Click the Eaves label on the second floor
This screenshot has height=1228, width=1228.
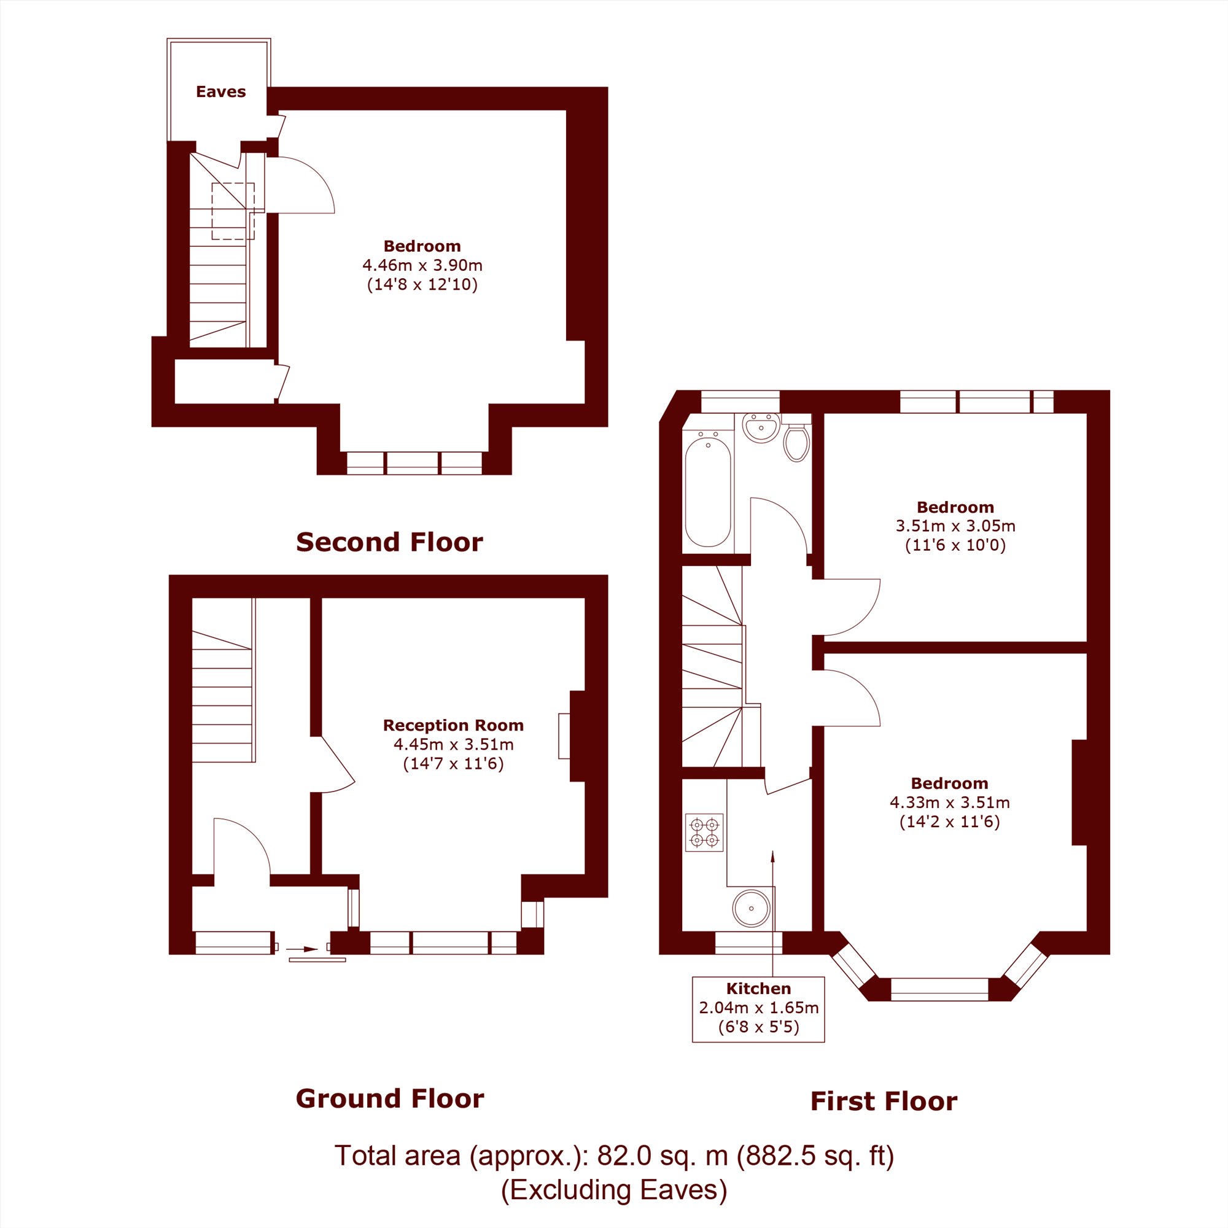pyautogui.click(x=220, y=91)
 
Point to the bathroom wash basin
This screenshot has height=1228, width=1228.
pyautogui.click(x=761, y=428)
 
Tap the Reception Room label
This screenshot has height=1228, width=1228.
pyautogui.click(x=453, y=725)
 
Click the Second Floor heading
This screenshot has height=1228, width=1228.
pyautogui.click(x=390, y=542)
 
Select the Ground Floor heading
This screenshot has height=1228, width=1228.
pyautogui.click(x=390, y=1098)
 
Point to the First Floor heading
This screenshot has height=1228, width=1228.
pyautogui.click(x=884, y=1102)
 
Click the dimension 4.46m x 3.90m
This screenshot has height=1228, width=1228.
pyautogui.click(x=422, y=265)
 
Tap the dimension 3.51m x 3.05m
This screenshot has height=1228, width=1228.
pyautogui.click(x=955, y=526)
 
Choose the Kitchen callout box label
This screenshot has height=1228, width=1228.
pyautogui.click(x=758, y=989)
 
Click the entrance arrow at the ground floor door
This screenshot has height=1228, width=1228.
pyautogui.click(x=302, y=950)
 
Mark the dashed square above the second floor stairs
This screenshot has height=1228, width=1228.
pyautogui.click(x=233, y=211)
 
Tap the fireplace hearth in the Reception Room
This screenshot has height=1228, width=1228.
pyautogui.click(x=564, y=736)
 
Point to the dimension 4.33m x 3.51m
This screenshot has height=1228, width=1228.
pyautogui.click(x=950, y=802)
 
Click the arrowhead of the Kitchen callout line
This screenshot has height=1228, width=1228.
pyautogui.click(x=773, y=855)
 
